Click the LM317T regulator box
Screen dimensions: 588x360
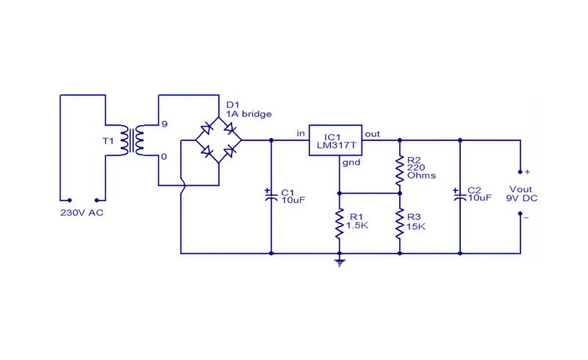tap(335, 140)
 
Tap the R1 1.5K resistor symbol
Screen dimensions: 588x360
tap(340, 224)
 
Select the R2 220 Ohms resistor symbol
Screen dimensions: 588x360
tap(400, 171)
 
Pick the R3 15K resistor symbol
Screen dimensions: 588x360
tap(400, 224)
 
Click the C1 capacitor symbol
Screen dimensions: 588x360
tap(270, 196)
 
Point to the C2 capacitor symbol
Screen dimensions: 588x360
tap(460, 196)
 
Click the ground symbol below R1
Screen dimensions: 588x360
tap(340, 262)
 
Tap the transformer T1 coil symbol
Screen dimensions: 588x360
tap(132, 140)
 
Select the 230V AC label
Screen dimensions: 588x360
tap(82, 213)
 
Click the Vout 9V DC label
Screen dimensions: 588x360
tap(522, 194)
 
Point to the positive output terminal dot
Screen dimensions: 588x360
tap(520, 172)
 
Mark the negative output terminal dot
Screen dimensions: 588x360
tap(520, 214)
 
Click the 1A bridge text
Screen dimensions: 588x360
tap(248, 114)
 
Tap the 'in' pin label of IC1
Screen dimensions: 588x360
tap(301, 134)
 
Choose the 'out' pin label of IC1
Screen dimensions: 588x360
tap(373, 134)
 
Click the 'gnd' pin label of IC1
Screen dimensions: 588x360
tap(351, 162)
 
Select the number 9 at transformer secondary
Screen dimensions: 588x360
tap(164, 124)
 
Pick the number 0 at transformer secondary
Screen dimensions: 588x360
tap(164, 156)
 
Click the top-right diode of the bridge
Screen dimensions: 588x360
tap(230, 129)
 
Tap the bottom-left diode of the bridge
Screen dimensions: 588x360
tap(207, 151)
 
